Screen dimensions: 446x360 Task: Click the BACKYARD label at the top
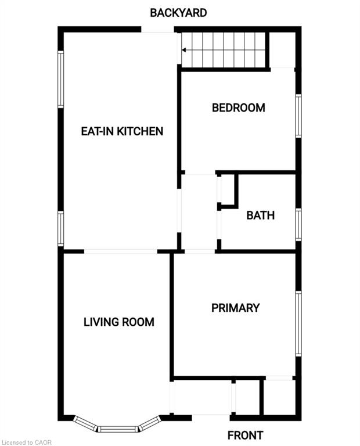178,12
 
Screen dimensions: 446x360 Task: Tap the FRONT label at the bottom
245,435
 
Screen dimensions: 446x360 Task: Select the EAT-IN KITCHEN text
122,131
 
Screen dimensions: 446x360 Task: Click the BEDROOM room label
238,107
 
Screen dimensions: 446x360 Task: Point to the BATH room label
260,215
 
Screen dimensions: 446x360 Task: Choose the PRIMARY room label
235,308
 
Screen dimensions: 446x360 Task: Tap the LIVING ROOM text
119,322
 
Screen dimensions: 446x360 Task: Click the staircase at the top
224,50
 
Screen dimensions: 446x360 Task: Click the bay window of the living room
118,427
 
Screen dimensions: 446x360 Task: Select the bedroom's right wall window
298,116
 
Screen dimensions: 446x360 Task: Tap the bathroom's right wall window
298,224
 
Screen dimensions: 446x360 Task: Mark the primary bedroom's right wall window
298,323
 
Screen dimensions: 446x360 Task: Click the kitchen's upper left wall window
60,80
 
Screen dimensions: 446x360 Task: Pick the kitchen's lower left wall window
60,229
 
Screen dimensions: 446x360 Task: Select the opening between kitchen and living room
121,251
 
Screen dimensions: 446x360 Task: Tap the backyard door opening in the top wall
158,30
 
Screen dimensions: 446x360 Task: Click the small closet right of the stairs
283,50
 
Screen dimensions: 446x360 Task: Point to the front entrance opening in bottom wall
211,416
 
